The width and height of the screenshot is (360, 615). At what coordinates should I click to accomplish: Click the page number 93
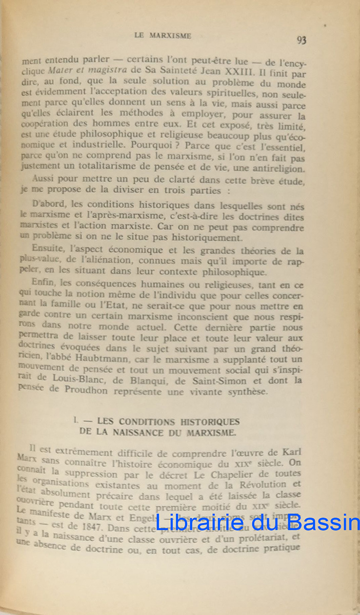click(x=302, y=40)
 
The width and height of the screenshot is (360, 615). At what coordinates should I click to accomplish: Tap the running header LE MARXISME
click(x=163, y=36)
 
